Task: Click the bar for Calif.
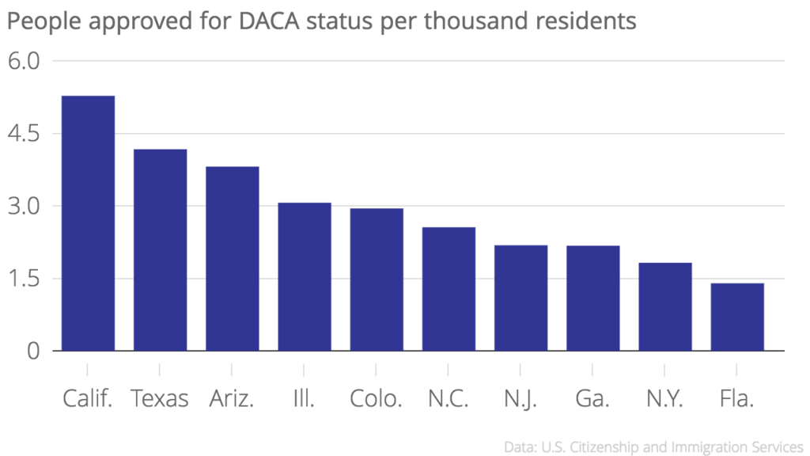pyautogui.click(x=88, y=223)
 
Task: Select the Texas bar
pyautogui.click(x=160, y=250)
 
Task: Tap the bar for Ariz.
pyautogui.click(x=232, y=259)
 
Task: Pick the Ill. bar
pyautogui.click(x=304, y=277)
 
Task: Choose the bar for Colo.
pyautogui.click(x=377, y=279)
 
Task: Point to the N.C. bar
pyautogui.click(x=449, y=289)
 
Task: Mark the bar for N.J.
pyautogui.click(x=520, y=298)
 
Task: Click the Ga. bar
pyautogui.click(x=592, y=298)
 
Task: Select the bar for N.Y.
pyautogui.click(x=664, y=306)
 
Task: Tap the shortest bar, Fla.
pyautogui.click(x=737, y=317)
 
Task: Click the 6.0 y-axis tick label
pyautogui.click(x=24, y=61)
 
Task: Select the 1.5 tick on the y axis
pyautogui.click(x=24, y=279)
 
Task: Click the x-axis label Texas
pyautogui.click(x=160, y=398)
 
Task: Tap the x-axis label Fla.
pyautogui.click(x=736, y=398)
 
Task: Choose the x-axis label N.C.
pyautogui.click(x=449, y=398)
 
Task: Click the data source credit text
pyautogui.click(x=653, y=446)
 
